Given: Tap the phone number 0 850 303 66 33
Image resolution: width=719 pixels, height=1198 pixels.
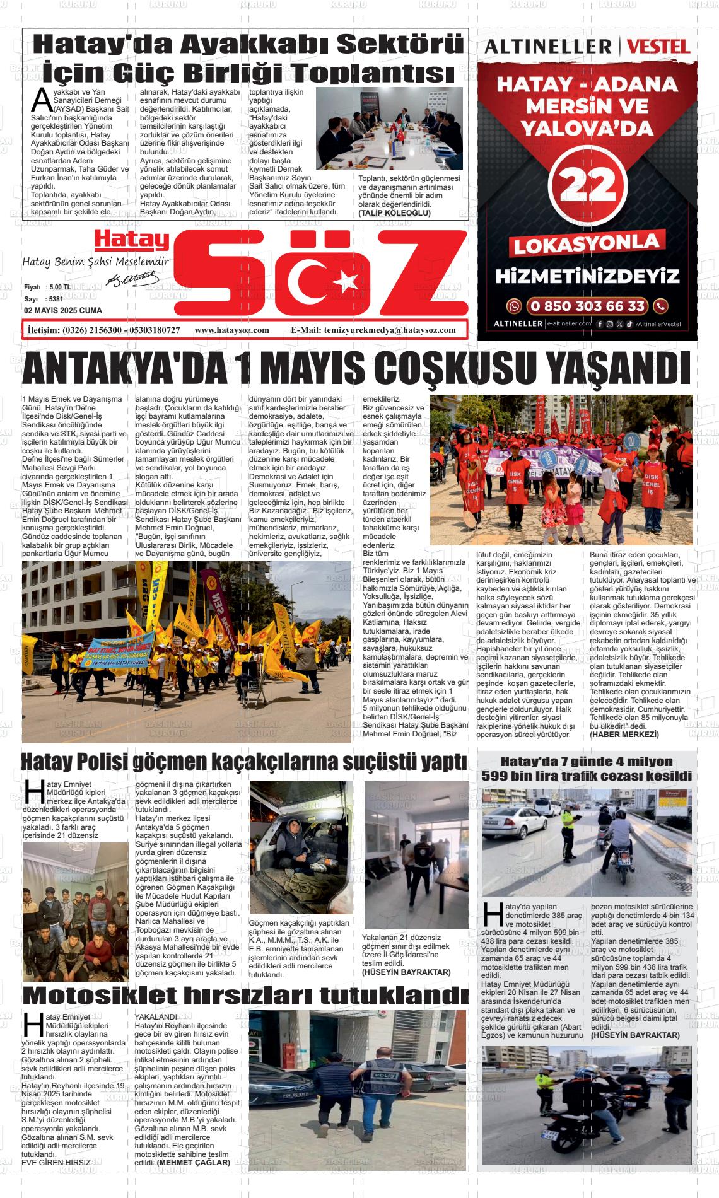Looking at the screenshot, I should coord(587,306).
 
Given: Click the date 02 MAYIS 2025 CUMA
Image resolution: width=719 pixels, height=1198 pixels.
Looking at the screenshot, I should coord(62,311).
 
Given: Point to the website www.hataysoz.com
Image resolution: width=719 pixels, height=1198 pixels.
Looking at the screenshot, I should coord(232,330).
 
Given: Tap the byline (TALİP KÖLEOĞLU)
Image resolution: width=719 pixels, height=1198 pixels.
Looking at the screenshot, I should coord(394,213).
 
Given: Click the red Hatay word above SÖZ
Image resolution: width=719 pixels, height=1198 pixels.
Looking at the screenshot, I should coord(132,241).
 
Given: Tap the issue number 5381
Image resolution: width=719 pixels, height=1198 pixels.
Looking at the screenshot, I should coord(56,299).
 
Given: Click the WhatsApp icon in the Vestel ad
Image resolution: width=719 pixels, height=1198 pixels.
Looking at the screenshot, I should coord(515,306).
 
